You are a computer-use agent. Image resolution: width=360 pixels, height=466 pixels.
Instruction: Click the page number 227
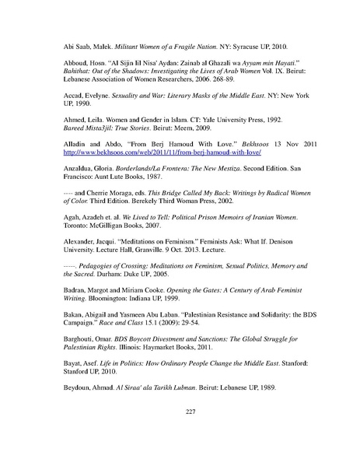click(x=180, y=435)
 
